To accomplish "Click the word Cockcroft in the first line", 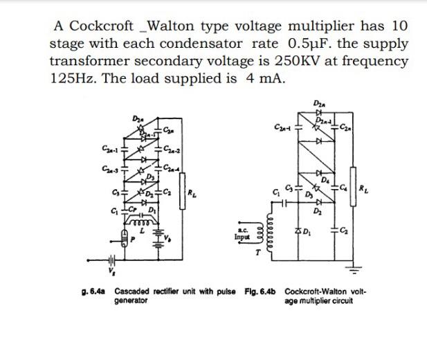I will pyautogui.click(x=103, y=26).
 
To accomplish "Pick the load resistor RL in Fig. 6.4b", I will pyautogui.click(x=363, y=186).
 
